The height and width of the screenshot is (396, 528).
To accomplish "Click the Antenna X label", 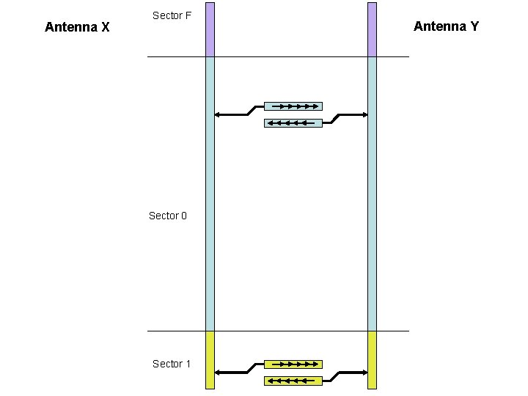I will coord(77,28).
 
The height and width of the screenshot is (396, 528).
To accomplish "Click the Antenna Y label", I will coord(446,26).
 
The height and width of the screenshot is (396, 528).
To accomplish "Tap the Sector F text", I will coord(172,15).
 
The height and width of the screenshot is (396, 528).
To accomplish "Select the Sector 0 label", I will coord(167,216).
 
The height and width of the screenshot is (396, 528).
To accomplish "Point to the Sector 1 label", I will coord(172,364).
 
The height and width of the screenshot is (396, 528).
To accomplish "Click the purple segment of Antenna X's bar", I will coord(210,29).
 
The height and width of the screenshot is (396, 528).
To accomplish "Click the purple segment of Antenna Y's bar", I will coord(372,29).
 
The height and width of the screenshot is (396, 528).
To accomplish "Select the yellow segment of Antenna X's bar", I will coord(210,359).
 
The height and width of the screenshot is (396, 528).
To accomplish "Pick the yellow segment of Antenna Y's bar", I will coord(372,359).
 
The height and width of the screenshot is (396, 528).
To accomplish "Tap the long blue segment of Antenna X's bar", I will coord(210,194).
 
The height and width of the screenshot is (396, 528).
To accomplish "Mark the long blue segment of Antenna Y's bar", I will coord(372,194).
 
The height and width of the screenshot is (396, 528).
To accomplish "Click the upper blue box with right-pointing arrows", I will coord(293,106).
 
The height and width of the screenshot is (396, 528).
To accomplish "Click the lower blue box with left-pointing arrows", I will coord(293,123).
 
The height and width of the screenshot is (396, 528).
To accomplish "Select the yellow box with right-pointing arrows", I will coord(293,364).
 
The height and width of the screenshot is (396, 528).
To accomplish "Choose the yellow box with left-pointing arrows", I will coord(293,381).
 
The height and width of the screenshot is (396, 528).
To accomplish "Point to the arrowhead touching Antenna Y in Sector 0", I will coord(364,114).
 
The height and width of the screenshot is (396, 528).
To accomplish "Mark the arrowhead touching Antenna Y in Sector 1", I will coord(364,373).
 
